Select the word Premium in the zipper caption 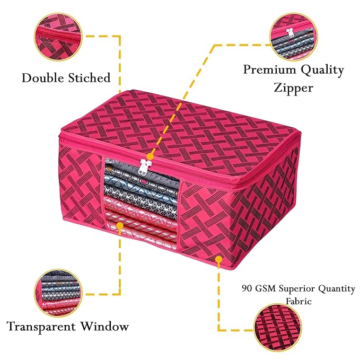tap(269, 70)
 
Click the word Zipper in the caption tap(293, 87)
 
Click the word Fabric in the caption tap(298, 301)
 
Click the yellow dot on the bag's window tap(120, 226)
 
